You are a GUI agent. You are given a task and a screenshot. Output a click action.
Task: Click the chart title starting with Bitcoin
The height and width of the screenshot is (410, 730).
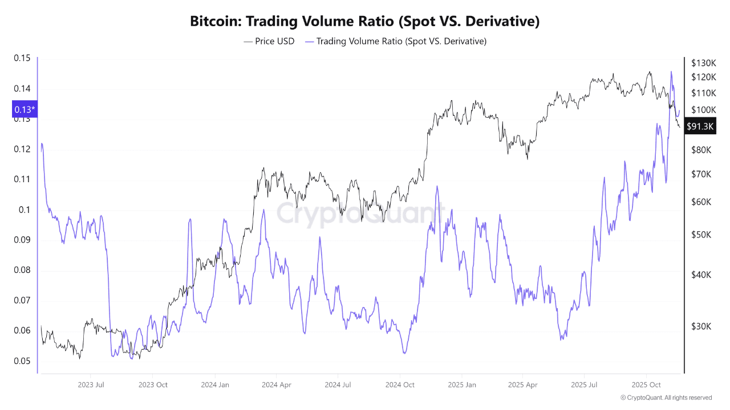(x=364, y=22)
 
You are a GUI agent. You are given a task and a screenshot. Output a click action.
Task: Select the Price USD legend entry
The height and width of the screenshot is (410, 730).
(x=269, y=41)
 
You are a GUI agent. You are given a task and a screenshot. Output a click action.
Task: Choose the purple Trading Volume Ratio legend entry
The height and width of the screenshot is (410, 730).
(x=396, y=41)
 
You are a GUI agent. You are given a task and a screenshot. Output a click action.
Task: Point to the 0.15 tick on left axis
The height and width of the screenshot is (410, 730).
(x=21, y=58)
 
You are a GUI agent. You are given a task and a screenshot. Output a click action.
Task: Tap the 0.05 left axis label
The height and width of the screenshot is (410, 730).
(x=21, y=361)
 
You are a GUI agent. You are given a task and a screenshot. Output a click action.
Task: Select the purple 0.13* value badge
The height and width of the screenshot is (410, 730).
(x=25, y=109)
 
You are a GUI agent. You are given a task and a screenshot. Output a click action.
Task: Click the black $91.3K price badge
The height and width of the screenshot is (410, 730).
(x=700, y=126)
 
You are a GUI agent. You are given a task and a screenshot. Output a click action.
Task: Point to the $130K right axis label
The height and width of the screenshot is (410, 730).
(x=703, y=63)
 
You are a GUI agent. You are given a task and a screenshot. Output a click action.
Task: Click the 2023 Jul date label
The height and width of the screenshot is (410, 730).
(x=91, y=385)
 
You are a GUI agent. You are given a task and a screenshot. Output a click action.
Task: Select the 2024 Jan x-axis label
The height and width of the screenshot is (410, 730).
(x=215, y=385)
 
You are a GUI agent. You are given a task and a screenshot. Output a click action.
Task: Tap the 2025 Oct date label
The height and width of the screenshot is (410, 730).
(x=647, y=385)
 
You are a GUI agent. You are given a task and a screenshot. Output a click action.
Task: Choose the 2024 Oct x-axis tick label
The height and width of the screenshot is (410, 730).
(x=400, y=385)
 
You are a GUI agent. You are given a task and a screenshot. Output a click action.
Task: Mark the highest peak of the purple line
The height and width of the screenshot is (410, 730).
(x=671, y=72)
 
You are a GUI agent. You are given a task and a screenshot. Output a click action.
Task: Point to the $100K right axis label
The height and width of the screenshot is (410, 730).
(x=703, y=109)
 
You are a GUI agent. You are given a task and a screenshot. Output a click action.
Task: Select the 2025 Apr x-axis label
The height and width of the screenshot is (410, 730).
(x=523, y=385)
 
